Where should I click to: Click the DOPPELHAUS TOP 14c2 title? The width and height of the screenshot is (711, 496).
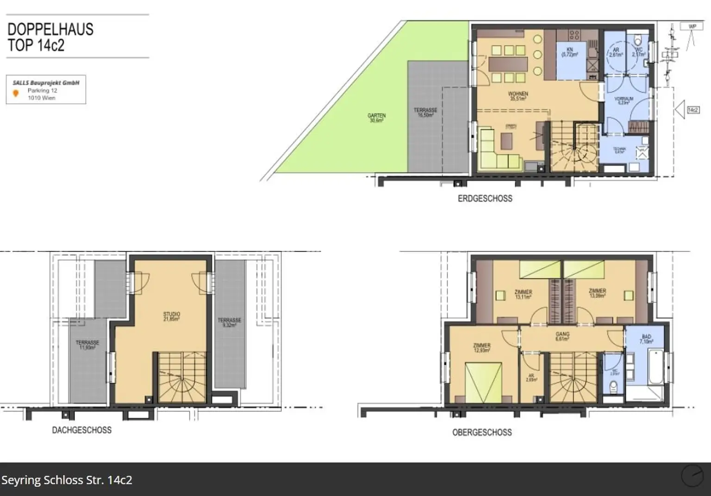(50, 37)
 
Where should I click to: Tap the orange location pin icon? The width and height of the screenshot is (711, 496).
(16, 94)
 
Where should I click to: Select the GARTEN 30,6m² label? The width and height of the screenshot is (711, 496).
(376, 118)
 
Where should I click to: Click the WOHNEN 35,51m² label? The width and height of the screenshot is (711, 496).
(518, 96)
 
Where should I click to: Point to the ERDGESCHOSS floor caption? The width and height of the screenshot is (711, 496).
(485, 199)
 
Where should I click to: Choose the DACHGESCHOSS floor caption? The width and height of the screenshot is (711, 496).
(81, 430)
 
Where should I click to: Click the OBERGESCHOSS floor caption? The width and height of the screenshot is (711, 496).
(482, 433)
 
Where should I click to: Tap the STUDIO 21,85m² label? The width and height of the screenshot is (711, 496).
(171, 316)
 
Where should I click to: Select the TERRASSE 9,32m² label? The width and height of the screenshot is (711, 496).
(229, 322)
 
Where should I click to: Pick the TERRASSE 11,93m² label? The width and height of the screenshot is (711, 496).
(87, 345)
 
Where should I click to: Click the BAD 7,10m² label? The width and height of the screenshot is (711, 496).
(646, 339)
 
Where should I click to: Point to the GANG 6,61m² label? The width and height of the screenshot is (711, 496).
(562, 336)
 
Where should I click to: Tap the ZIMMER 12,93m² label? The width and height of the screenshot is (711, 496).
(481, 348)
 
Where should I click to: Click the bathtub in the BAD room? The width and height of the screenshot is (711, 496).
(656, 367)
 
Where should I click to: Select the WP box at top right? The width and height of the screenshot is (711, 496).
(692, 26)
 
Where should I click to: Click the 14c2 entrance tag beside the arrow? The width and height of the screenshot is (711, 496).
(693, 110)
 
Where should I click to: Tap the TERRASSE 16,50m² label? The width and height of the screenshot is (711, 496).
(425, 113)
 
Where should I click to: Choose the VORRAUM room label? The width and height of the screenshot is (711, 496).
(624, 100)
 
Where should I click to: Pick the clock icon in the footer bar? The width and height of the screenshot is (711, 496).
(692, 476)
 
